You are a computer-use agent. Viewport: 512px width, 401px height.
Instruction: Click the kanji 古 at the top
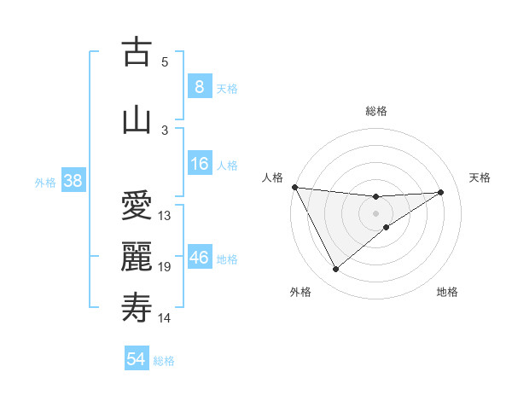pyautogui.click(x=137, y=52)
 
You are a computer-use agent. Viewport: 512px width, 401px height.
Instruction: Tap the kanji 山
pyautogui.click(x=137, y=119)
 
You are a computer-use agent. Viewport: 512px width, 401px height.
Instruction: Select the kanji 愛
pyautogui.click(x=137, y=206)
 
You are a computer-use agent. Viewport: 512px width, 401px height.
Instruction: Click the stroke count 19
pyautogui.click(x=165, y=267)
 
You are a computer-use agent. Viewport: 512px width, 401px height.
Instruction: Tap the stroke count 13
pyautogui.click(x=165, y=216)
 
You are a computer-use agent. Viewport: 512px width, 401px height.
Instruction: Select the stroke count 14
pyautogui.click(x=165, y=318)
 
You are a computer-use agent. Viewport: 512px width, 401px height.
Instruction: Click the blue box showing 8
pyautogui.click(x=199, y=86)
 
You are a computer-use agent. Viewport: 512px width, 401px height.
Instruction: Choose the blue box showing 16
pyautogui.click(x=199, y=164)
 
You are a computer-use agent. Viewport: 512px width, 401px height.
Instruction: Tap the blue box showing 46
pyautogui.click(x=199, y=258)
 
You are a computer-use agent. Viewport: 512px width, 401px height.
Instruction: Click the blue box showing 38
pyautogui.click(x=73, y=181)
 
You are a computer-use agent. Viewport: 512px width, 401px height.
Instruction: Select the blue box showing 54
pyautogui.click(x=136, y=359)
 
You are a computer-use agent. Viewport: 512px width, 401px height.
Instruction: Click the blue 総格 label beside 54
pyautogui.click(x=164, y=361)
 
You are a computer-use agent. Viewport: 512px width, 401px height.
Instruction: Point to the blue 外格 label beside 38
pyautogui.click(x=45, y=182)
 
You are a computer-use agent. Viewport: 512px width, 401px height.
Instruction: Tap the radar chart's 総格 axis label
pyautogui.click(x=375, y=111)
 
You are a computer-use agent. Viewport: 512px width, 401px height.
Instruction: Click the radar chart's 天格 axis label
pyautogui.click(x=480, y=177)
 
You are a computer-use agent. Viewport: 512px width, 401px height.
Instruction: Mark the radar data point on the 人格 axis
pyautogui.click(x=294, y=187)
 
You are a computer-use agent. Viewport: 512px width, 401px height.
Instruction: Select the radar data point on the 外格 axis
pyautogui.click(x=335, y=269)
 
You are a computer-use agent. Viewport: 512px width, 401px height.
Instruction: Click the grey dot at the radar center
pyautogui.click(x=375, y=212)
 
